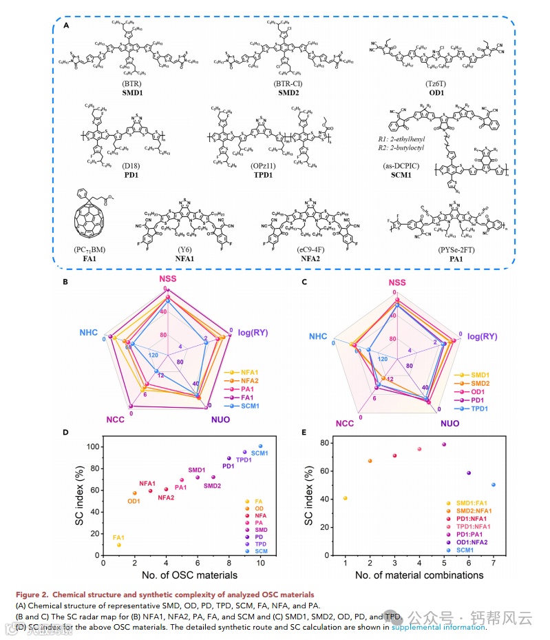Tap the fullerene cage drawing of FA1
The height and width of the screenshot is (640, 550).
[92, 222]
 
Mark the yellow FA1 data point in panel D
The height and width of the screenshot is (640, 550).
[119, 545]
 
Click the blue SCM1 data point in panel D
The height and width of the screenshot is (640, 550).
[260, 446]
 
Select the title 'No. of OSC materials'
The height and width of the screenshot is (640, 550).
[182, 575]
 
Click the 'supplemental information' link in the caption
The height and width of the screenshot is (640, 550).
[438, 628]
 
